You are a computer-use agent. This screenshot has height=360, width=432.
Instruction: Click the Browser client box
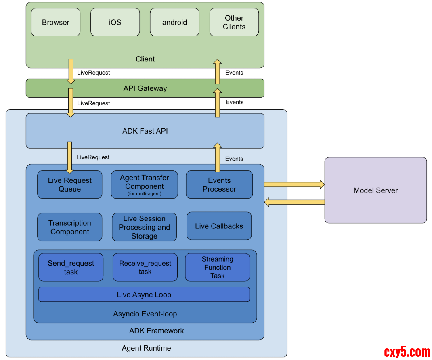click(56, 22)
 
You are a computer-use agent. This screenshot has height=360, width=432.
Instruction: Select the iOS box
click(115, 22)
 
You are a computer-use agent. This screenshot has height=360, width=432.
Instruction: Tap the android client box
click(174, 22)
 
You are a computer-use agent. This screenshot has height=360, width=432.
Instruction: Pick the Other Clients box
click(234, 22)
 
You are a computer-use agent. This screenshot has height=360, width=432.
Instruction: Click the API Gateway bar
click(145, 88)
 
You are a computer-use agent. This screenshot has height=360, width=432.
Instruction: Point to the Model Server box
click(375, 190)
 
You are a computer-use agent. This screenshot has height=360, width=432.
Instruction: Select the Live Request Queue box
click(69, 185)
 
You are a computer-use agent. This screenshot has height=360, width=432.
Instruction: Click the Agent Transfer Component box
click(144, 184)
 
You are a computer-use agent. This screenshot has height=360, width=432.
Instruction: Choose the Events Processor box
click(219, 185)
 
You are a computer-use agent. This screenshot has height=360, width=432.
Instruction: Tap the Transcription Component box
click(69, 227)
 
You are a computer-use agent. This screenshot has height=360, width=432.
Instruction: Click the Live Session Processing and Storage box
click(144, 227)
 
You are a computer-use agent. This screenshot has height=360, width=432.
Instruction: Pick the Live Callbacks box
click(219, 226)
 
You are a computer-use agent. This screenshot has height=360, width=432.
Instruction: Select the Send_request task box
click(71, 267)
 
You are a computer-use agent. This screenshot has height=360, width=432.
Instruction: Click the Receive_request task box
click(145, 267)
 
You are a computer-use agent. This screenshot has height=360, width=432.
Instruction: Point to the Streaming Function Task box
click(217, 267)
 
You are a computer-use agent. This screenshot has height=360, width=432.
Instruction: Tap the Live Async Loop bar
click(144, 295)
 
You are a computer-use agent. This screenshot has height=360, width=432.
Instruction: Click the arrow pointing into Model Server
click(294, 185)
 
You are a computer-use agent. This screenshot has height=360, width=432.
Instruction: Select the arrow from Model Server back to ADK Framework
click(294, 202)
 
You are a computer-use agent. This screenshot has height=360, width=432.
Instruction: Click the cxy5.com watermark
click(407, 352)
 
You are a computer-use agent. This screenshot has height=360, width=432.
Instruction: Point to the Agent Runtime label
click(146, 348)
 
